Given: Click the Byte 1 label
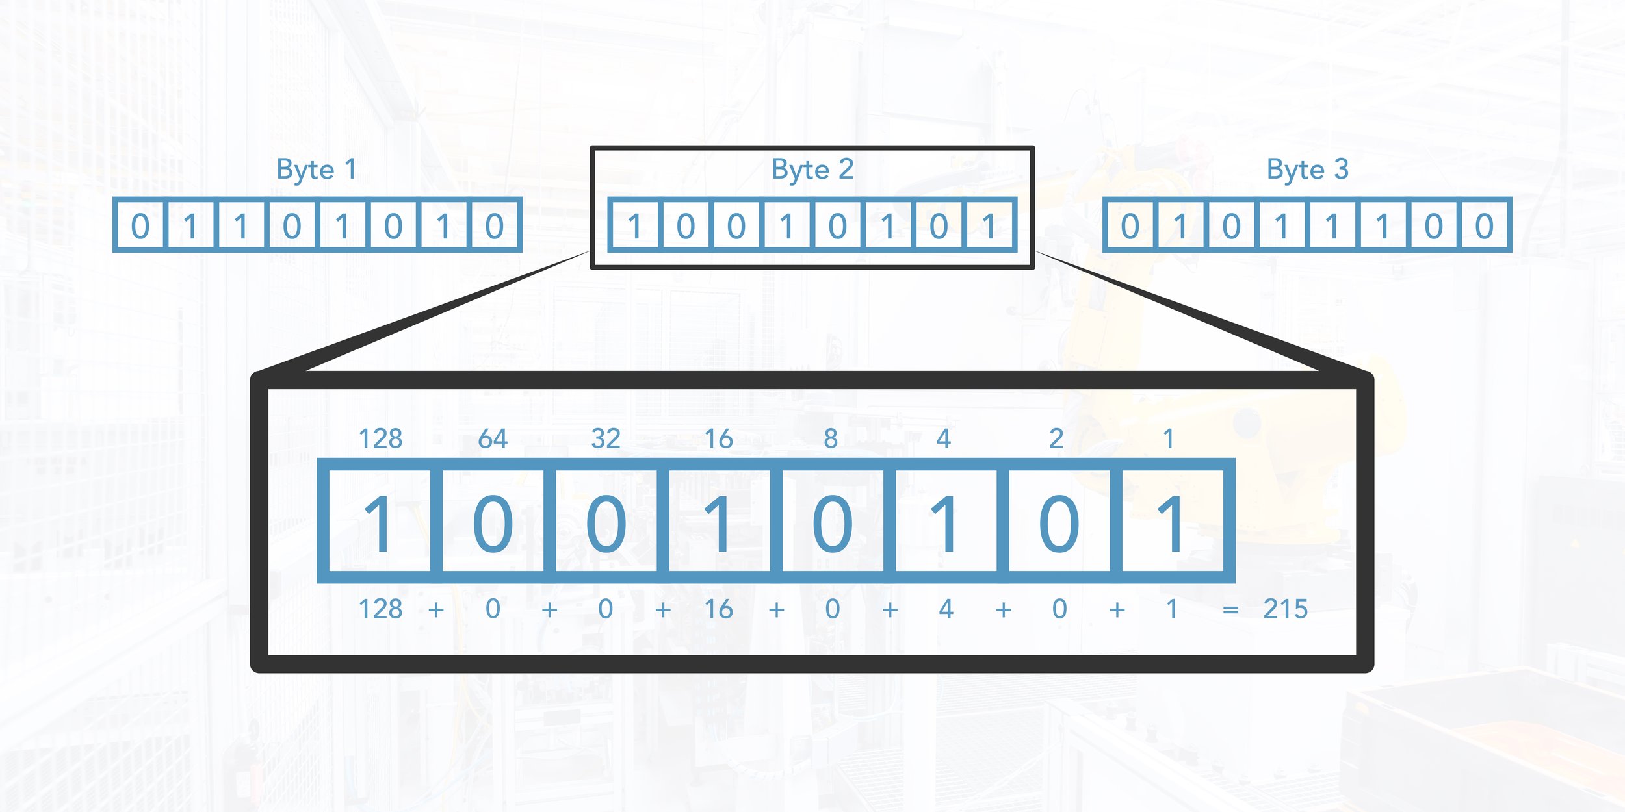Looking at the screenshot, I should [316, 170].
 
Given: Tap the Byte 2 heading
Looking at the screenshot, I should [812, 170].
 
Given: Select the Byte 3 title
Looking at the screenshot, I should [1307, 170].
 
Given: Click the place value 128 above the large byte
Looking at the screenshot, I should [380, 439].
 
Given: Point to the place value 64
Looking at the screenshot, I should [493, 439].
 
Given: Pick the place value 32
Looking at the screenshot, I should [606, 439].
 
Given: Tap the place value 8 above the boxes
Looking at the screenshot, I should [831, 439].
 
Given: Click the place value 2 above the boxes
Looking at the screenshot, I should [1056, 439].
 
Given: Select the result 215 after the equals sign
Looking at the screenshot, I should [1285, 609].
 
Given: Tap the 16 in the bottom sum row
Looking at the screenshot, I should [718, 609].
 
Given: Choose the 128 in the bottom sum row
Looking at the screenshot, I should [380, 609].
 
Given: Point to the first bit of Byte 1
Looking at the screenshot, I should [140, 226].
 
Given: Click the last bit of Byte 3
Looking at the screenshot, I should [1484, 226].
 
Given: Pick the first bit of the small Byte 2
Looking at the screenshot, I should [635, 226].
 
